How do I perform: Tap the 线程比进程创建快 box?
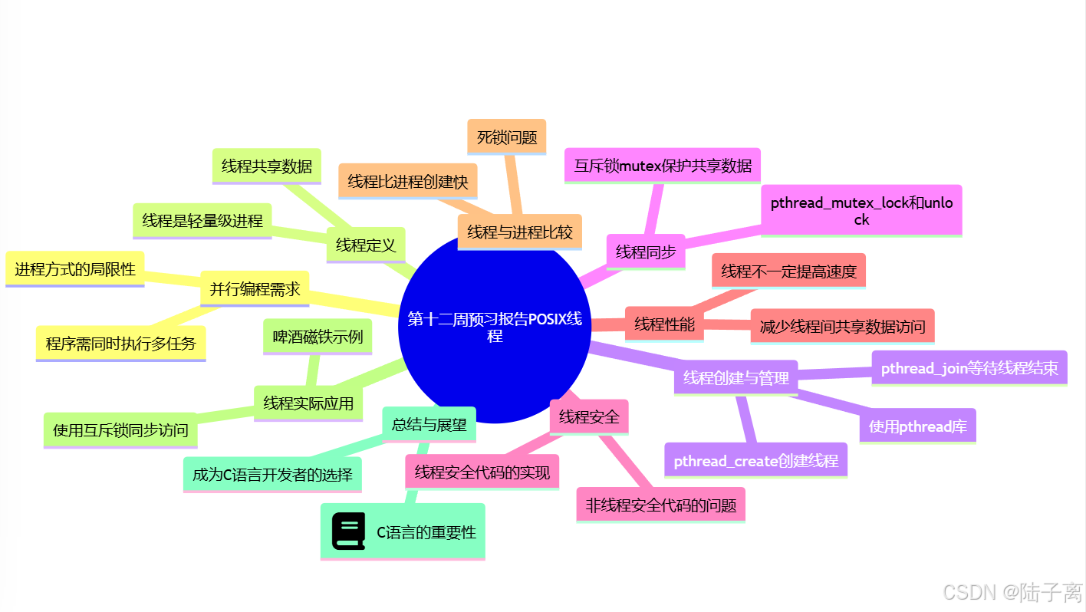coord(407,181)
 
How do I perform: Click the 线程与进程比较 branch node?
coord(519,232)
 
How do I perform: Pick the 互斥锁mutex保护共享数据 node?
coord(663,165)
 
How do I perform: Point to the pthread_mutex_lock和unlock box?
coord(861,210)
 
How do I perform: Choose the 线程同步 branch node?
coord(646,252)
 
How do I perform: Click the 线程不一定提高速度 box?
coord(788,271)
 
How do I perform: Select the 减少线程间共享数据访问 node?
coord(842,326)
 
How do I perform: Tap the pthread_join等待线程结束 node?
coord(969,368)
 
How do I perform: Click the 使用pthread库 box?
coord(917,426)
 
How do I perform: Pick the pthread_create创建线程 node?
coord(755,460)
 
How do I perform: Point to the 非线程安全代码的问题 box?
coord(660,505)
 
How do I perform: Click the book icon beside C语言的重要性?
coord(349,531)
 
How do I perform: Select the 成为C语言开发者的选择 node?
coord(272,474)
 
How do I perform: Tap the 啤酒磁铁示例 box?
coord(318,337)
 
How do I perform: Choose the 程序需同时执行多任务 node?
coord(120,343)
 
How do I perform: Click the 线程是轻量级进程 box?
coord(202,221)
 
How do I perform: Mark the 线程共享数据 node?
coord(266,166)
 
